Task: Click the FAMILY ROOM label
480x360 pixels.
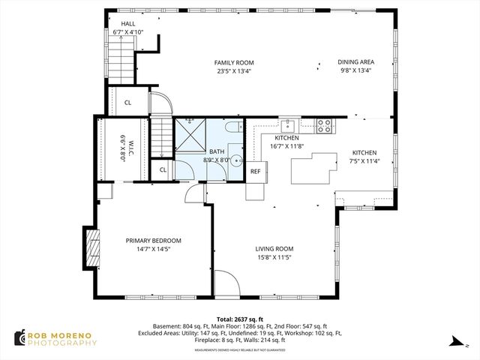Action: [x=234, y=67]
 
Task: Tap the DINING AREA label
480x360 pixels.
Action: [x=355, y=67]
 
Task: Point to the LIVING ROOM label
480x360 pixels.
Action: [x=274, y=253]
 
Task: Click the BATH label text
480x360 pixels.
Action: [x=217, y=155]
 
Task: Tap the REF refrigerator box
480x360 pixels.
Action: [x=256, y=172]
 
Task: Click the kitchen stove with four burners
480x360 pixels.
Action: [x=325, y=126]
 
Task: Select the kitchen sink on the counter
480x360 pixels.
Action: [x=288, y=124]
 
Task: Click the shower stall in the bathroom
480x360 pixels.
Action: [x=190, y=136]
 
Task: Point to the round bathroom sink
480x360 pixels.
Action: [x=235, y=159]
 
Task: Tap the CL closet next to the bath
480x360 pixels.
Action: [x=163, y=170]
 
